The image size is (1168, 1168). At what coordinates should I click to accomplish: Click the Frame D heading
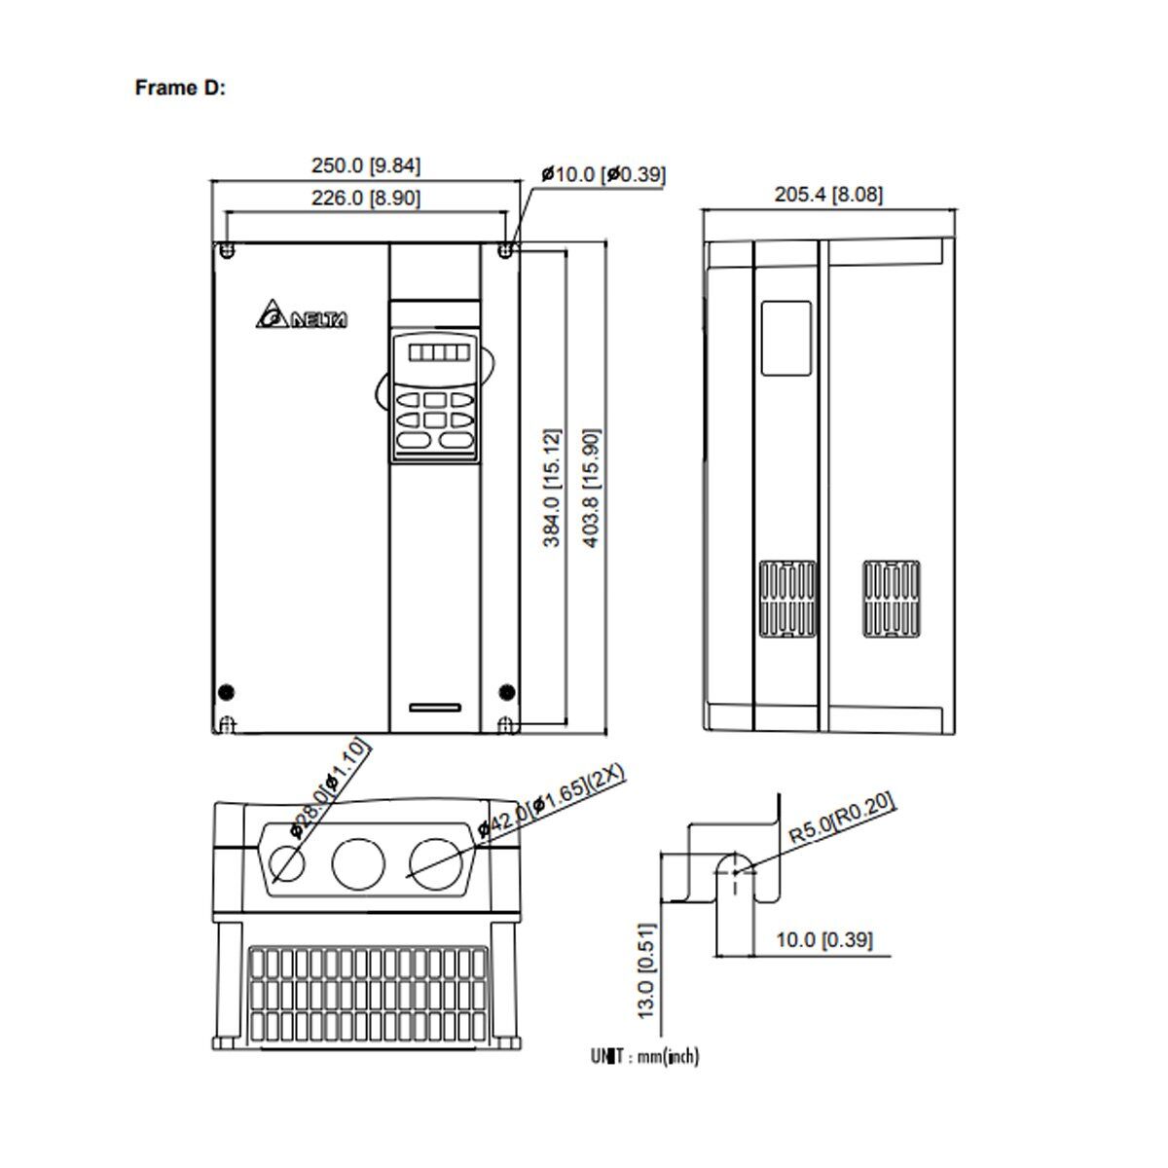click(x=180, y=88)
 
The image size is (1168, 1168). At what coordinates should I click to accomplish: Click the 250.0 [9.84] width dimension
click(x=366, y=165)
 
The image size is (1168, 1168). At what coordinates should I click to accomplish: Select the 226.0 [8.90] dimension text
click(x=366, y=198)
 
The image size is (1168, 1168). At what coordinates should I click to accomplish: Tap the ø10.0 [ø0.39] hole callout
click(x=603, y=174)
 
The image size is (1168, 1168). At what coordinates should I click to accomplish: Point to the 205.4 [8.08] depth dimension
click(x=828, y=194)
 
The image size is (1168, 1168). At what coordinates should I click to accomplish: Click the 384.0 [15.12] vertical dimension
click(x=552, y=487)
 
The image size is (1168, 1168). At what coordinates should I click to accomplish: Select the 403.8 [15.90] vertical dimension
click(x=591, y=487)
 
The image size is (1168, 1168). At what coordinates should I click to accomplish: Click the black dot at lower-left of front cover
click(x=226, y=692)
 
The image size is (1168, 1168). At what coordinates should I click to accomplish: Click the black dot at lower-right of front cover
click(x=506, y=692)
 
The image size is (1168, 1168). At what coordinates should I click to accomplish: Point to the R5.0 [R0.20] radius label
click(x=841, y=819)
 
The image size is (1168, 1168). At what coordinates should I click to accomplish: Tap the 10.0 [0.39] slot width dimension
click(x=823, y=939)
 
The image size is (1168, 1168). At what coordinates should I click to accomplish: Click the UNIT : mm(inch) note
click(x=644, y=1055)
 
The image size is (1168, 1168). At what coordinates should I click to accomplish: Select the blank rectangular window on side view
click(x=785, y=338)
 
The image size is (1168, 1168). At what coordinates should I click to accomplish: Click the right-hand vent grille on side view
click(x=891, y=599)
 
